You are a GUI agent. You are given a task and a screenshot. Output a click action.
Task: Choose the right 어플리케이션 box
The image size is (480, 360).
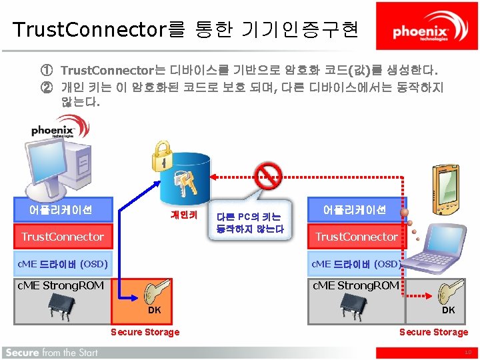(x=355, y=209)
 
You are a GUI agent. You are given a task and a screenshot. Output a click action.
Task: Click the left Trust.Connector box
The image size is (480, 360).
(x=63, y=237)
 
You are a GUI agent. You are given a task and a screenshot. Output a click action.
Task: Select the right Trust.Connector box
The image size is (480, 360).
(x=356, y=237)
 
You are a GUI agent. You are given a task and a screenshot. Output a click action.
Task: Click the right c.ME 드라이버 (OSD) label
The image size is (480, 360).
(x=356, y=264)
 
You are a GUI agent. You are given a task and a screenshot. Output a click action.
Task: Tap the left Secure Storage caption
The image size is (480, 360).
(x=145, y=332)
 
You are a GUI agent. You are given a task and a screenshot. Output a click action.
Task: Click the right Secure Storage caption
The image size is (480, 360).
(x=433, y=332)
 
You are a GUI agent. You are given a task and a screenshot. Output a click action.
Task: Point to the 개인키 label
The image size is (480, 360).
(x=183, y=215)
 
